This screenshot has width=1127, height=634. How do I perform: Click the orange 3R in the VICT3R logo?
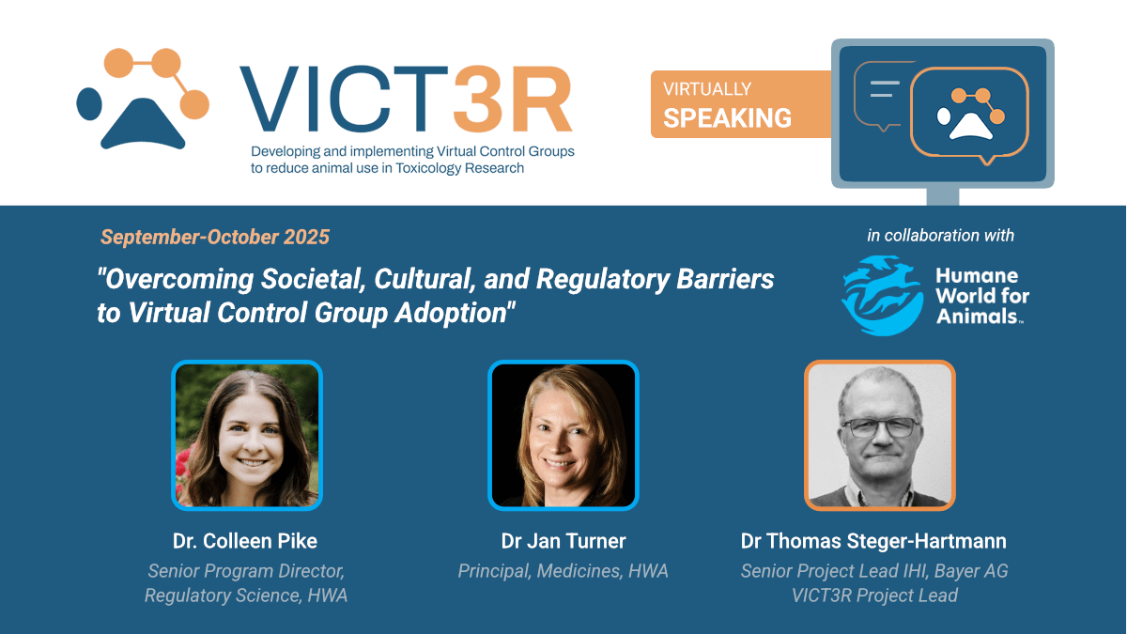(x=512, y=99)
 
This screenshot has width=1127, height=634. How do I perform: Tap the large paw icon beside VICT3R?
(x=143, y=99)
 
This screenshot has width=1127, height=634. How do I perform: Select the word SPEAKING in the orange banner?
(x=727, y=118)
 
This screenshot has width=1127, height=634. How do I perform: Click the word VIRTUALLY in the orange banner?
(x=707, y=89)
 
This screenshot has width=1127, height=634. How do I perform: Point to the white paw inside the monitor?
(x=970, y=115)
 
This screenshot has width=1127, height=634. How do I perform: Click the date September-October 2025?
(x=215, y=237)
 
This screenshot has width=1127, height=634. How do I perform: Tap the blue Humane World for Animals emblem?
(x=883, y=296)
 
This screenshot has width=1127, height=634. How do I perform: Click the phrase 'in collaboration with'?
(x=940, y=236)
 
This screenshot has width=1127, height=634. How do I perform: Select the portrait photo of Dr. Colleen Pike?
(x=246, y=435)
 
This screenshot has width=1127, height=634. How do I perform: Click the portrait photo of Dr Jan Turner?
(x=563, y=435)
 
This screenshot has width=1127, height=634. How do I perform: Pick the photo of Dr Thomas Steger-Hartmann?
(x=879, y=435)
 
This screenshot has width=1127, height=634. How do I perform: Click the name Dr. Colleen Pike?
(x=245, y=541)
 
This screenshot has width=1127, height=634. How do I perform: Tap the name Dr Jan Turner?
(x=563, y=541)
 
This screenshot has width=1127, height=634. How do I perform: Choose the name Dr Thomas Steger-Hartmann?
(x=874, y=541)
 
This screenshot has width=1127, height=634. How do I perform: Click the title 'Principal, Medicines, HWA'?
(x=563, y=571)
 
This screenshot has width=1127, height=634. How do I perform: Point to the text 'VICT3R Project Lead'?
(x=874, y=595)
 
